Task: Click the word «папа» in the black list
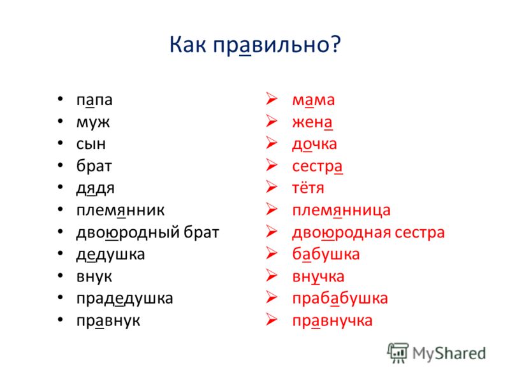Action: pos(94,101)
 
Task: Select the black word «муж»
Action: pos(93,123)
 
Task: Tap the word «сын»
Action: pos(91,144)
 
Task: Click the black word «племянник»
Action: pos(120,210)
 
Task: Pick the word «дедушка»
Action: pos(110,255)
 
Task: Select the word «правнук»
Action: pos(108,321)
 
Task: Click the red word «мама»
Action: pos(313,101)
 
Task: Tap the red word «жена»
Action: pos(312,123)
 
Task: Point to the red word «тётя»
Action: pos(308,188)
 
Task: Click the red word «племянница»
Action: pos(341,211)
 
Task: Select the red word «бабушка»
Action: pos(326,254)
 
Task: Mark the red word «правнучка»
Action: pos(332,321)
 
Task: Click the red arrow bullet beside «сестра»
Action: pos(272,165)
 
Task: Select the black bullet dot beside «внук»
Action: pos(60,276)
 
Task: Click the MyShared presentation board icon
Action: pos(398,353)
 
